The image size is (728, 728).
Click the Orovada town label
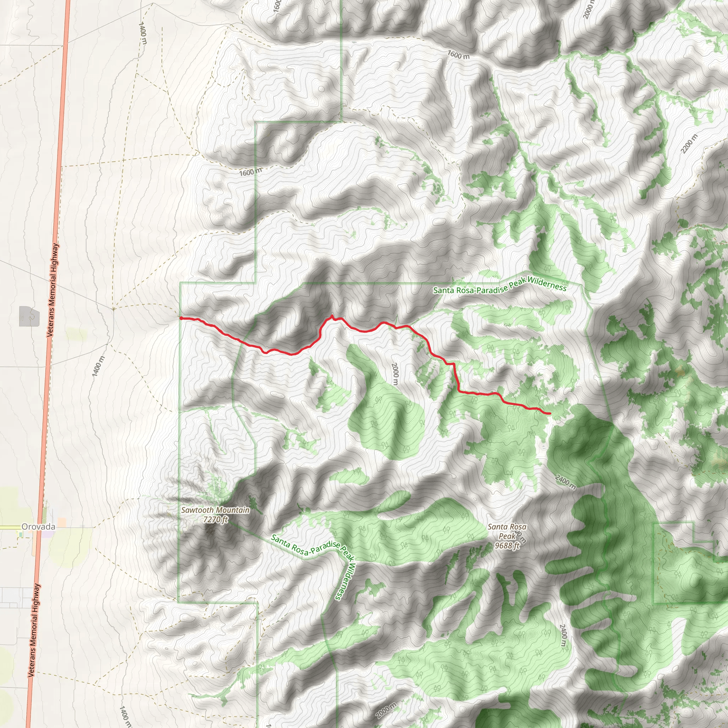point(38,527)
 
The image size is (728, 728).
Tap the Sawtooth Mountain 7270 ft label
point(215,515)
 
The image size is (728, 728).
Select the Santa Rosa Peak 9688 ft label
point(507,536)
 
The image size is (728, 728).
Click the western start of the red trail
point(181,318)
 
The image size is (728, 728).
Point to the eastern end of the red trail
point(550,414)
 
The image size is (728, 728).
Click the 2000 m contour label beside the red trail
point(395,374)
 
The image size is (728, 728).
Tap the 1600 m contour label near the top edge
point(459,55)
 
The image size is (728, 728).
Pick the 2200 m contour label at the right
point(689,144)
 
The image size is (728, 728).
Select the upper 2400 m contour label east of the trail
point(565,482)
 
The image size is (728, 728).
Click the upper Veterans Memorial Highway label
point(53,290)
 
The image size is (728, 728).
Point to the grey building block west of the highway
point(29,316)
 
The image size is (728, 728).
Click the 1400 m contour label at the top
point(143,33)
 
